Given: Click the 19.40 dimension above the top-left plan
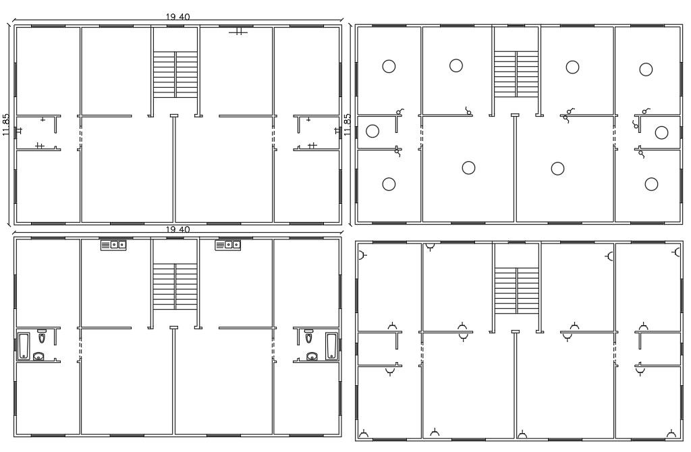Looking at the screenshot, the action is (x=177, y=17).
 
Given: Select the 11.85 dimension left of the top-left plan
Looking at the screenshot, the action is (x=5, y=125).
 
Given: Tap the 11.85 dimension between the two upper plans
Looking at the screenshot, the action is (x=348, y=125).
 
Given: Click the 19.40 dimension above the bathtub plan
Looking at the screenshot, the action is (x=177, y=229).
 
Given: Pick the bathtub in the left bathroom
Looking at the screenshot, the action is (x=24, y=346).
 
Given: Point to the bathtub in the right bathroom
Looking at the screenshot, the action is (x=331, y=346).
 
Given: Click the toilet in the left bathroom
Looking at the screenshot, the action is (x=42, y=337).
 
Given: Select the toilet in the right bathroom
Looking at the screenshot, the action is (x=308, y=337).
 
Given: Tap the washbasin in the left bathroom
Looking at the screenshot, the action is (x=38, y=356).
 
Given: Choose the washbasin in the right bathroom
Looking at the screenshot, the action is (x=312, y=356).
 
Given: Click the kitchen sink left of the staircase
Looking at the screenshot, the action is (x=113, y=245).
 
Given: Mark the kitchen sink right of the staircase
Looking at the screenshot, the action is (x=228, y=245).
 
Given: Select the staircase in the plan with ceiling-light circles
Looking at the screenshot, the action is (x=516, y=74).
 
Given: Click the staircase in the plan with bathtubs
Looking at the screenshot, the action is (x=175, y=286).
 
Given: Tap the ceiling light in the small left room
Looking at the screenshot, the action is (x=372, y=132).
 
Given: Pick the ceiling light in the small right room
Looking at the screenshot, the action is (x=661, y=132).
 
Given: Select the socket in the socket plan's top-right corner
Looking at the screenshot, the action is (x=677, y=252).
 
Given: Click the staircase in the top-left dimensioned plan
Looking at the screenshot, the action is (x=175, y=74).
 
